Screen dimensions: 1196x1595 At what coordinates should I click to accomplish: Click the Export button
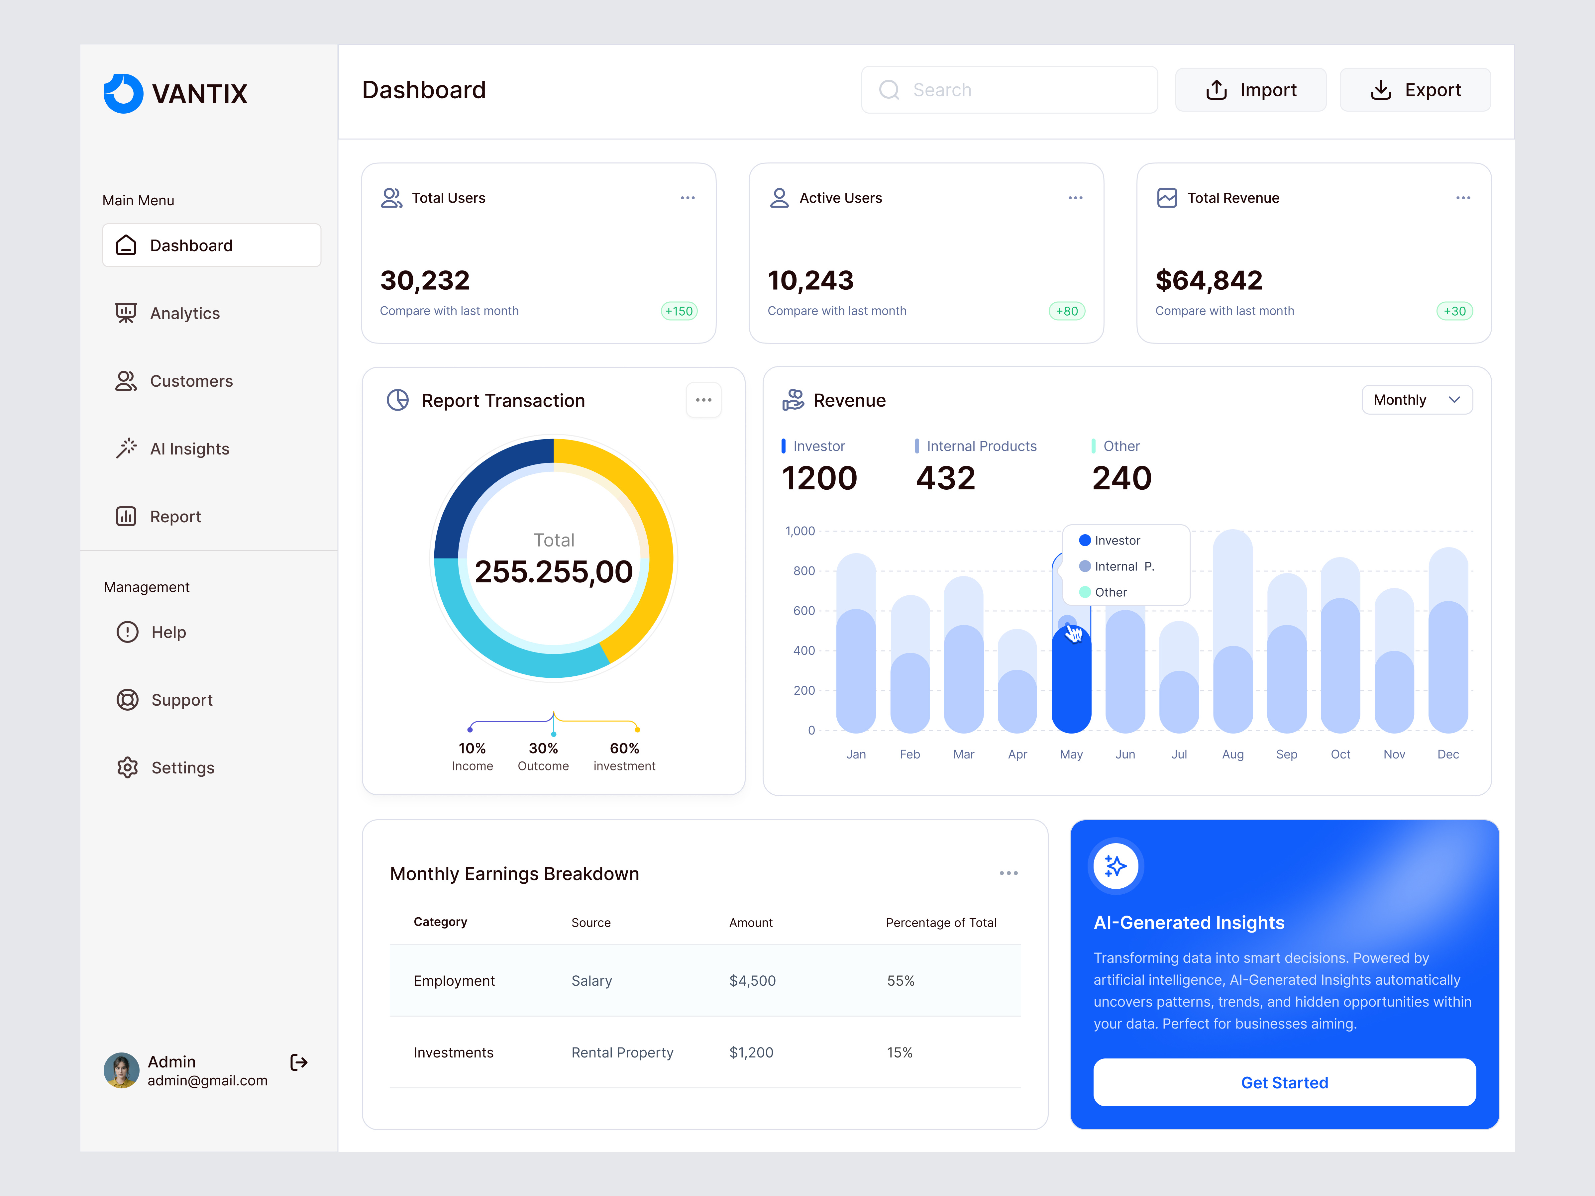click(x=1415, y=90)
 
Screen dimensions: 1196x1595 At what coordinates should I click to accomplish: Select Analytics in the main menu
click(x=185, y=314)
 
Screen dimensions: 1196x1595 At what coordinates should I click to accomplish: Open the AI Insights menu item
click(x=189, y=449)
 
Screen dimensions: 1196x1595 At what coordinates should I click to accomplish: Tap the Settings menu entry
click(x=182, y=768)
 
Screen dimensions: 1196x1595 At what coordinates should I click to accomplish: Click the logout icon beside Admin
click(x=298, y=1062)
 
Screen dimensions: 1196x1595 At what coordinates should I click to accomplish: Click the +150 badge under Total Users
click(x=679, y=311)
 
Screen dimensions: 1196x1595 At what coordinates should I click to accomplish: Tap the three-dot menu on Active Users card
click(x=1075, y=198)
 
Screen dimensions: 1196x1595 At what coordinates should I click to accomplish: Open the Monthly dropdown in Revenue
click(x=1416, y=400)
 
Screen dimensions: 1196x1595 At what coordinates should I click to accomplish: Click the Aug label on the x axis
click(x=1232, y=754)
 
